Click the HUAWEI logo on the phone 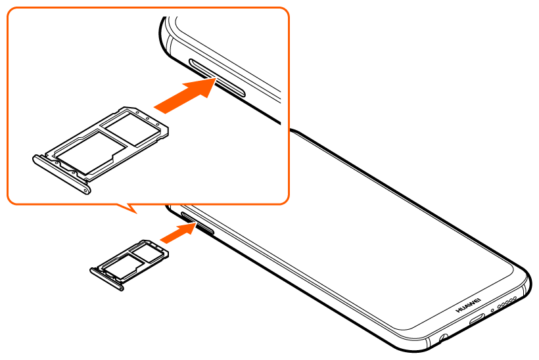tap(468, 305)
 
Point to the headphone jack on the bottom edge tap(444, 338)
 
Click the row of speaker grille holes tap(506, 302)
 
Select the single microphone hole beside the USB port tap(492, 310)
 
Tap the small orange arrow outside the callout tap(178, 233)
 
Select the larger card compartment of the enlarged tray tap(91, 152)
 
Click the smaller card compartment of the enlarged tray tap(132, 128)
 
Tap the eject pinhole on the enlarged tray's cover tap(85, 189)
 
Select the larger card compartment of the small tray tap(123, 266)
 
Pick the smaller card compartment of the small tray tap(147, 253)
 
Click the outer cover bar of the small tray tap(106, 279)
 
